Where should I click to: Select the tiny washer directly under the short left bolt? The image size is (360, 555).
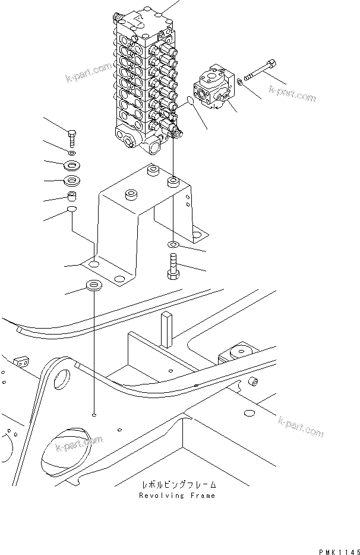pyautogui.click(x=71, y=153)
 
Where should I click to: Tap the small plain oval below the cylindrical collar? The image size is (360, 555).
pyautogui.click(x=71, y=210)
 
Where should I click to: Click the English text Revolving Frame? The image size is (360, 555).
pyautogui.click(x=176, y=495)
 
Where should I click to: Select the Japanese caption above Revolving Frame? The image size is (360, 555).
pyautogui.click(x=176, y=485)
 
